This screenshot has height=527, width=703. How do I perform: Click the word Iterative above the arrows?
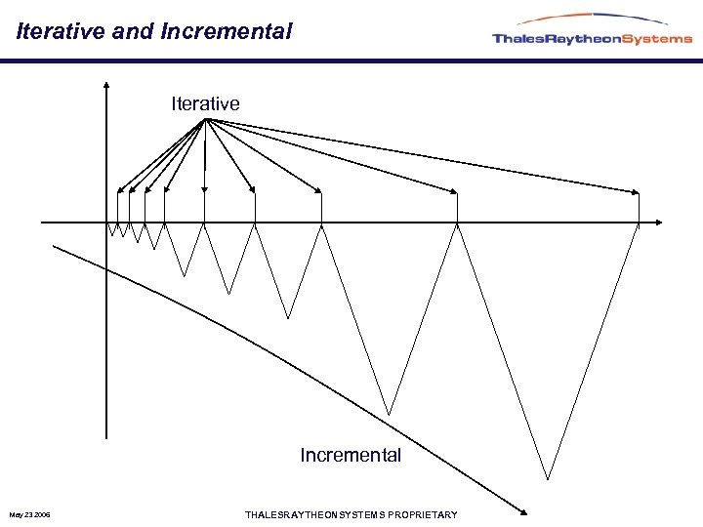[205, 103]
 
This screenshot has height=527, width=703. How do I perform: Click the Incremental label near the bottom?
[351, 455]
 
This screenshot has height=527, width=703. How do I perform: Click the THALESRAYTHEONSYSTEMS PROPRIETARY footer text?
[351, 514]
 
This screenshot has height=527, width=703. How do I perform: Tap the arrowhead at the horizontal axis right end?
[658, 222]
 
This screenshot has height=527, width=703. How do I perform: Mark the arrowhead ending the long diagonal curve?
[524, 510]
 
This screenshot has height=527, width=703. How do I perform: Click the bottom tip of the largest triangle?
[548, 478]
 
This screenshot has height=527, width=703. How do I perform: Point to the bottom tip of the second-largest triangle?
[390, 414]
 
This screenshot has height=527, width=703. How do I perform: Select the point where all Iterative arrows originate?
[205, 119]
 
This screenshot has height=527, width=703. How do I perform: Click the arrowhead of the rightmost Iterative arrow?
[636, 191]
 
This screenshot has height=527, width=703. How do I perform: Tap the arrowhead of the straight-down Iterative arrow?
[204, 191]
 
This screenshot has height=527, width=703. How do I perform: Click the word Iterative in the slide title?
[62, 31]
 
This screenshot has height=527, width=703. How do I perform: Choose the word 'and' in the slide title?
[132, 31]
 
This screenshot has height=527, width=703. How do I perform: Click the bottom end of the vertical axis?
[105, 436]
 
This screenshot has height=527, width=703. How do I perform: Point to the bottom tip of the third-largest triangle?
[288, 317]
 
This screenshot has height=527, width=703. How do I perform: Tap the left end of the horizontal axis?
[42, 222]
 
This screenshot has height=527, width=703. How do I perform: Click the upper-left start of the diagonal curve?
[54, 245]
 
